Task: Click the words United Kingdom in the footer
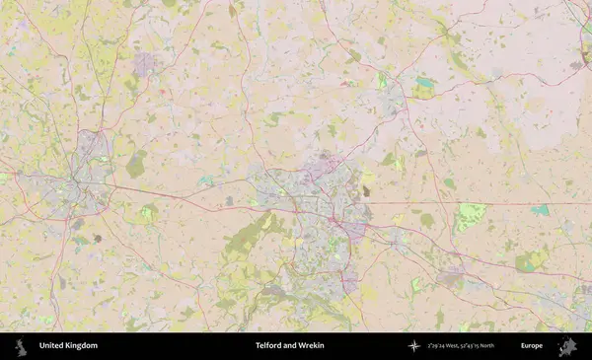point(68,345)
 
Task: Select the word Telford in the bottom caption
point(270,345)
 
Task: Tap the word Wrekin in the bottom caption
point(311,345)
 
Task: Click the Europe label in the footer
point(532,345)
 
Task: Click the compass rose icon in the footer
point(414,345)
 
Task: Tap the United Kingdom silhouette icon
point(20,345)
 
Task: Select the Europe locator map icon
point(566,345)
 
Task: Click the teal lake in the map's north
point(424,83)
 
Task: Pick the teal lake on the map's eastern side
point(540,210)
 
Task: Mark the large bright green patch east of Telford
point(471,216)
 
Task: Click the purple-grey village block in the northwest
point(144,65)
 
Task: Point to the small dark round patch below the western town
point(98,238)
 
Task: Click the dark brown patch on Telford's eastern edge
point(366,190)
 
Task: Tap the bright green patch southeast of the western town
point(148,212)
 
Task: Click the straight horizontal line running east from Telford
point(474,203)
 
